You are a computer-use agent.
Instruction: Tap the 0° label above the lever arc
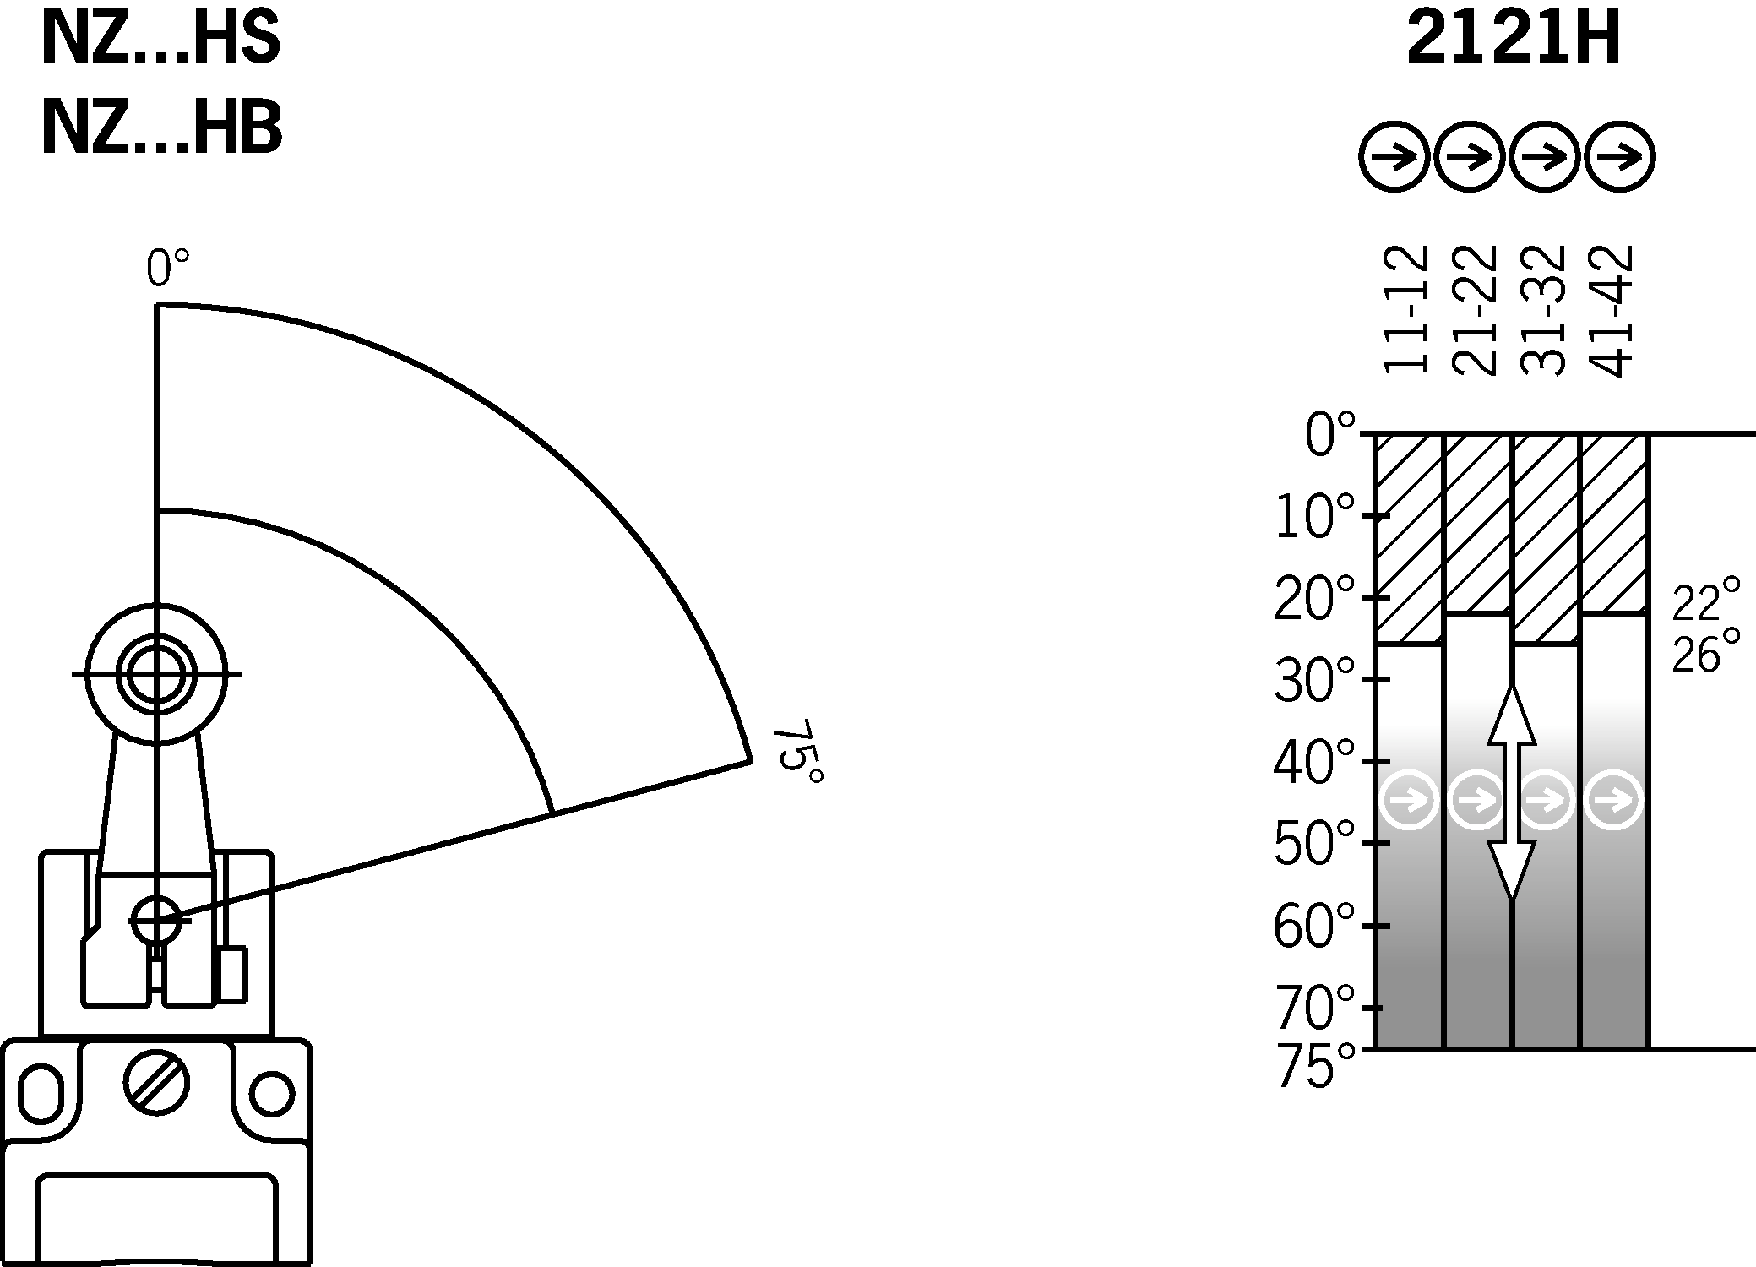coord(167,269)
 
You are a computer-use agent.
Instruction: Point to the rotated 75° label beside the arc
coord(797,752)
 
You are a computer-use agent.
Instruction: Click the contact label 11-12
coord(1406,310)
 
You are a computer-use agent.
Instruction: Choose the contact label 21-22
coord(1475,310)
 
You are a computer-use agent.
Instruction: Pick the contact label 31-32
coord(1543,310)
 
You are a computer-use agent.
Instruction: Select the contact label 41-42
coord(1612,310)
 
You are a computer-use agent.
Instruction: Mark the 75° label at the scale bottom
coord(1315,1068)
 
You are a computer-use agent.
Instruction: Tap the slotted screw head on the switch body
coord(156,1084)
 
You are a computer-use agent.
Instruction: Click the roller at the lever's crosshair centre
coord(156,674)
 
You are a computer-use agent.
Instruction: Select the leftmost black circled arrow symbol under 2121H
coord(1394,157)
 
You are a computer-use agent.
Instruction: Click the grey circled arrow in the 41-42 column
coord(1614,799)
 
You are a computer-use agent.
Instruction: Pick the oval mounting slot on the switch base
coord(41,1095)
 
